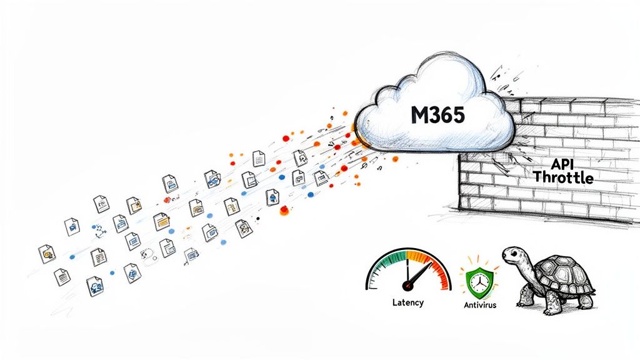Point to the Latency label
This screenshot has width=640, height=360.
(x=407, y=302)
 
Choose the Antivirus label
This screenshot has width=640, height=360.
(x=480, y=306)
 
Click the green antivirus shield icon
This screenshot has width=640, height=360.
(x=480, y=279)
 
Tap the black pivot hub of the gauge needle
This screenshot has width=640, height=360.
(x=409, y=285)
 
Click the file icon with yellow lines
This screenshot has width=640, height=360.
(x=162, y=221)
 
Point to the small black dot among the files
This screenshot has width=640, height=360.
(x=257, y=219)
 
